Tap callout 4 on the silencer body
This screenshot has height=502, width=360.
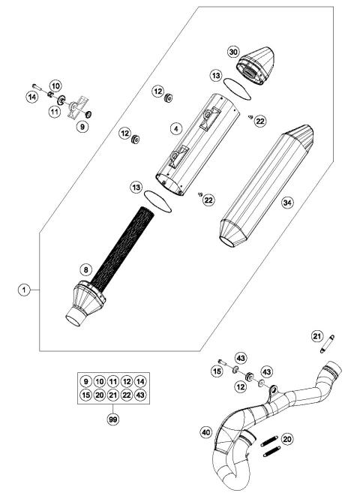click(175, 129)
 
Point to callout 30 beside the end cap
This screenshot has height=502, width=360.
click(233, 51)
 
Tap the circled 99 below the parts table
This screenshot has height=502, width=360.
click(112, 420)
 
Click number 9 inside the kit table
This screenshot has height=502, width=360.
click(86, 381)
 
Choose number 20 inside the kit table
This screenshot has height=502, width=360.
click(100, 394)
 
